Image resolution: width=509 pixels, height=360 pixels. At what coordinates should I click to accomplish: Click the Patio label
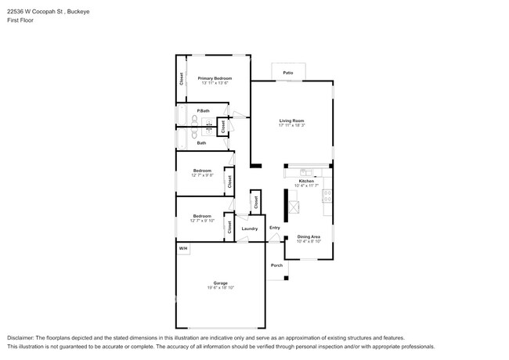[x=287, y=73]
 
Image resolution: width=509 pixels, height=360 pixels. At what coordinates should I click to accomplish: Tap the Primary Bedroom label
[x=214, y=78]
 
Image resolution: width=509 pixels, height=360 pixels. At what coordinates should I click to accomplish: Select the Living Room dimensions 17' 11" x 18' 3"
[x=291, y=125]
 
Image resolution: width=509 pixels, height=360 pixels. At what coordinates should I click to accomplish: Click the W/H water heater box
[x=182, y=249]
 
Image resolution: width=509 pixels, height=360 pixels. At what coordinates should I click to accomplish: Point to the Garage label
[x=221, y=283]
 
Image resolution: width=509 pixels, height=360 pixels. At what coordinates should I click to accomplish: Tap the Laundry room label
[x=250, y=229]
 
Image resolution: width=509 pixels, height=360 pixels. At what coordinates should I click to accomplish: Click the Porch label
[x=276, y=265]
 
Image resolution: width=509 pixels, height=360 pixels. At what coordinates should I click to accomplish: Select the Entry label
[x=275, y=228]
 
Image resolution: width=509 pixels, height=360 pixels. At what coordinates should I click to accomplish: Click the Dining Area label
[x=309, y=236]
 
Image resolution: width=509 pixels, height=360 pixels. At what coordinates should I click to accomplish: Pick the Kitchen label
[x=306, y=181]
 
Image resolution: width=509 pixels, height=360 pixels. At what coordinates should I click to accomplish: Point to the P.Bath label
[x=202, y=110]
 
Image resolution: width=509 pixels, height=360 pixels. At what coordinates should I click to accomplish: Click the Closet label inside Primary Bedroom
[x=182, y=78]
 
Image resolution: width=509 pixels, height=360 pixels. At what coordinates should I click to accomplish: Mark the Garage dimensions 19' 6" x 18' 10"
[x=221, y=288]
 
